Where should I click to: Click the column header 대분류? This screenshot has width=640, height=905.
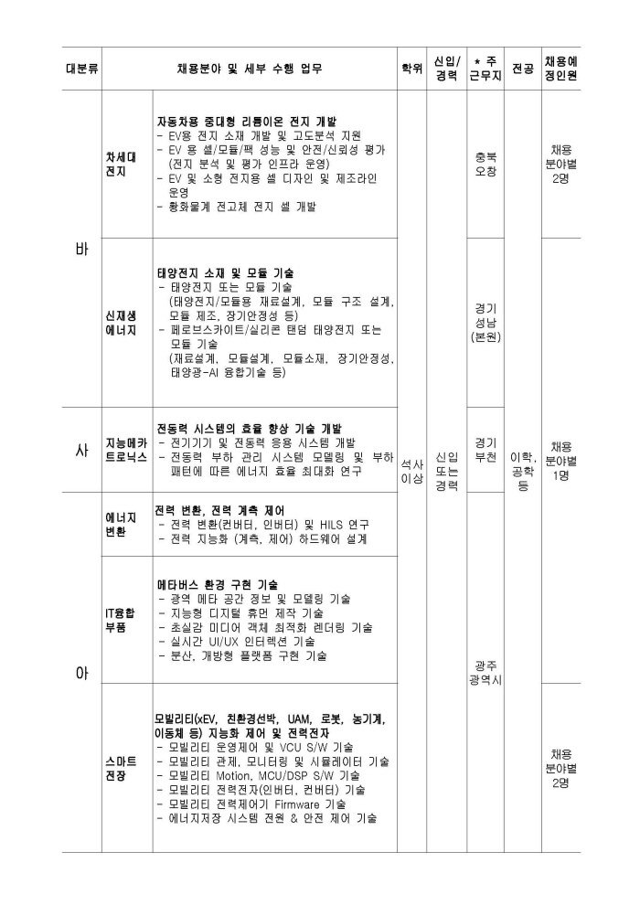[x=82, y=69]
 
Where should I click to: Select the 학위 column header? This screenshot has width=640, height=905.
[x=412, y=69]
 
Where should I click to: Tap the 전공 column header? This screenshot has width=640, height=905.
[x=523, y=69]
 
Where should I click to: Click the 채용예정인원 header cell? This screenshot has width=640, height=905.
[x=561, y=69]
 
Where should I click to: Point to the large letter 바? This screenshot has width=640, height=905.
[x=81, y=250]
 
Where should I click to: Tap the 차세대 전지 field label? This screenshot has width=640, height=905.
[x=121, y=164]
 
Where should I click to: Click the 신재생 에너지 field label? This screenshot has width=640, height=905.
[x=121, y=323]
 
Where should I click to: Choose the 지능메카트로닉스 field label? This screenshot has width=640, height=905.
[x=126, y=450]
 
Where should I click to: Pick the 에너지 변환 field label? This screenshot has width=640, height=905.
[x=116, y=524]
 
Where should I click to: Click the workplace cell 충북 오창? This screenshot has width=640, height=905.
[x=485, y=164]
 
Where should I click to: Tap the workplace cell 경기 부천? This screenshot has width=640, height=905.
[x=485, y=450]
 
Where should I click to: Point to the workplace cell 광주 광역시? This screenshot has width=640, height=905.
[x=485, y=674]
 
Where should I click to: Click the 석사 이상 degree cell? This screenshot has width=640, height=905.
[x=412, y=471]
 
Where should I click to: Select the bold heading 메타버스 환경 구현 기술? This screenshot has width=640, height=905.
[x=217, y=584]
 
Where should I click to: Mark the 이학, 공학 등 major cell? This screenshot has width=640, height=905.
[x=523, y=471]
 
